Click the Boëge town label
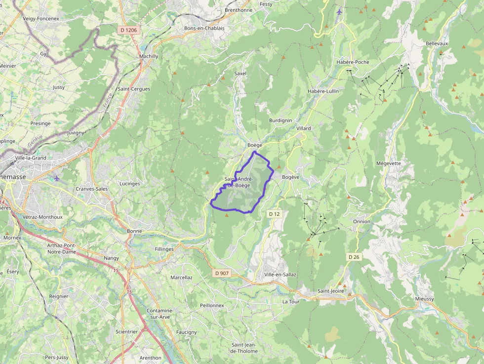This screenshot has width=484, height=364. (x=254, y=145)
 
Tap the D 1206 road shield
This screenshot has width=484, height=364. (x=128, y=31)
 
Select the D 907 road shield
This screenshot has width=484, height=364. (x=222, y=273)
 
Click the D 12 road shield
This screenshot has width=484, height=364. (x=274, y=214)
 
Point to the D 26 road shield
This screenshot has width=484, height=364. (x=354, y=257)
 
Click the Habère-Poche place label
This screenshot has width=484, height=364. (x=352, y=62)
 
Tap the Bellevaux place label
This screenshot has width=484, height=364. (x=437, y=43)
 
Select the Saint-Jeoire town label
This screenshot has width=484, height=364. (x=330, y=291)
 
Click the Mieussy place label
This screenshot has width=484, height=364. (x=424, y=299)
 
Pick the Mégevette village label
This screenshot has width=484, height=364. (x=389, y=163)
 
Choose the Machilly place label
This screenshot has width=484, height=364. (x=149, y=56)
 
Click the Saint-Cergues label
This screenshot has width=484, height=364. (x=134, y=89)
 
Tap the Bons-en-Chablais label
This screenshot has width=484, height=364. (x=204, y=28)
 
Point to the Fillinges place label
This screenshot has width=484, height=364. (x=164, y=249)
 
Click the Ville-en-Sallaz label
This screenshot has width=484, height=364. (x=280, y=275)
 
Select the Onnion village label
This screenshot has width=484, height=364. (x=362, y=222)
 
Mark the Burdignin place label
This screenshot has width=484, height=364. (x=281, y=121)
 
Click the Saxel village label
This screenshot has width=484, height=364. (x=240, y=74)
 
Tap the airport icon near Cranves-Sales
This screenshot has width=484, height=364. (x=56, y=178)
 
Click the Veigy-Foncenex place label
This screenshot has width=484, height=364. (x=41, y=18)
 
